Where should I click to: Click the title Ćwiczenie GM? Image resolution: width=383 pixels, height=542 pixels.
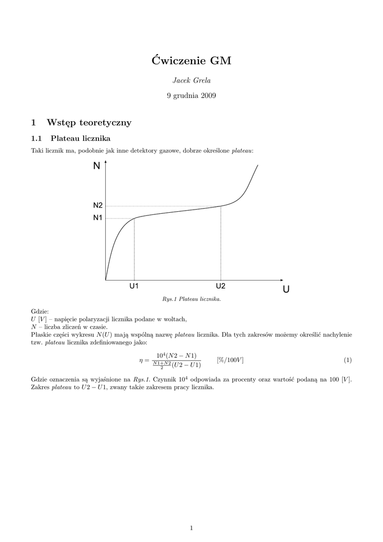(x=191, y=61)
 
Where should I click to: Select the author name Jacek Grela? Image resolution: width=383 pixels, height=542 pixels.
(x=191, y=80)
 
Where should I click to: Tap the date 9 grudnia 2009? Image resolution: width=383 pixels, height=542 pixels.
(x=191, y=96)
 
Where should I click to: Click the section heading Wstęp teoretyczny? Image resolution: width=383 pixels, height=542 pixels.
(x=89, y=123)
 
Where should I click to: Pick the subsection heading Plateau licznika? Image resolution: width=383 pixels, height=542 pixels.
(x=80, y=139)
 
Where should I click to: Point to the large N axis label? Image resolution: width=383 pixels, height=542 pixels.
(x=96, y=166)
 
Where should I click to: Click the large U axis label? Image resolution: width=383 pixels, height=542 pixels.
(x=286, y=289)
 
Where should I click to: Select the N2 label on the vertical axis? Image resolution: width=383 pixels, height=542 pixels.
(x=98, y=205)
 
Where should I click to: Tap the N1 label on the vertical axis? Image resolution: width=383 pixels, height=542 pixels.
(x=98, y=218)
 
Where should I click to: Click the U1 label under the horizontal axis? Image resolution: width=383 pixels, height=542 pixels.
(x=134, y=286)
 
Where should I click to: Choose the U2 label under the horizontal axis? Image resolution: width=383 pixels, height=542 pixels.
(x=221, y=286)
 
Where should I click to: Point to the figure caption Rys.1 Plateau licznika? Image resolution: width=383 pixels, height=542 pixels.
(x=191, y=299)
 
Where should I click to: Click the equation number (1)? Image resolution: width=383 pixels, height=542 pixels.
(x=348, y=360)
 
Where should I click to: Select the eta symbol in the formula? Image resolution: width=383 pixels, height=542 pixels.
(x=141, y=360)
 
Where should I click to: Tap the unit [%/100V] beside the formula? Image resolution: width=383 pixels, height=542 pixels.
(x=230, y=360)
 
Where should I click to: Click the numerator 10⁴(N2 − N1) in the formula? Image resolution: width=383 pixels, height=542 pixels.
(x=176, y=355)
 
